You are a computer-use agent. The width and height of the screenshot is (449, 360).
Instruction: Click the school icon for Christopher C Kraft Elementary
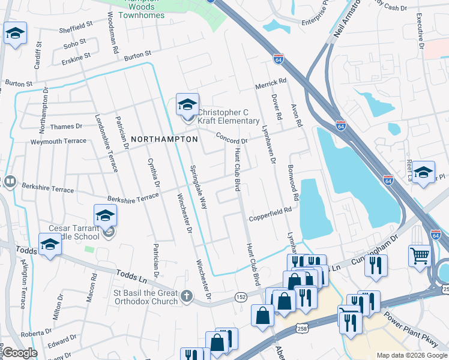[187, 106]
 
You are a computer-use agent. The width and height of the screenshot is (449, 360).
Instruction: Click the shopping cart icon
[420, 256]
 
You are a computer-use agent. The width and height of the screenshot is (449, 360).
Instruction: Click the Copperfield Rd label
[270, 213]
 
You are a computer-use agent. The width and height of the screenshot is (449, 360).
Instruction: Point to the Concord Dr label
[232, 137]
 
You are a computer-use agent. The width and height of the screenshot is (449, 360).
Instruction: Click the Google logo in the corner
[20, 353]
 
